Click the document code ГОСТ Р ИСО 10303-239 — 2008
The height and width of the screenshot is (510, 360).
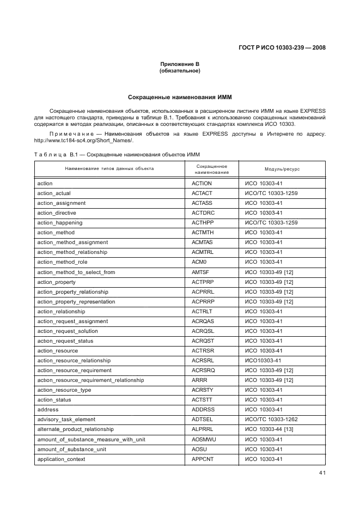click(282, 47)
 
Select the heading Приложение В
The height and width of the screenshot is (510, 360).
click(180, 64)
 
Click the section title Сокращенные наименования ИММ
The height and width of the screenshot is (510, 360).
click(180, 98)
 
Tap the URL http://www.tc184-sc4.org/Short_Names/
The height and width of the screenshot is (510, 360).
click(83, 141)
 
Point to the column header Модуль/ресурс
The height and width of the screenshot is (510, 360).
click(282, 169)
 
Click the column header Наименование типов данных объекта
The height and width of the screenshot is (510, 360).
click(109, 169)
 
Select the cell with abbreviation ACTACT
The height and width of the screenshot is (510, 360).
click(202, 193)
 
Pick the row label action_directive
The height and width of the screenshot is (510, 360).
click(57, 213)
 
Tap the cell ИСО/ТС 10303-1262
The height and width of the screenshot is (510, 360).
click(271, 420)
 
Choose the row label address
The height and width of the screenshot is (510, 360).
click(48, 410)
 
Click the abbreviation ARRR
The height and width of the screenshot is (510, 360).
click(199, 380)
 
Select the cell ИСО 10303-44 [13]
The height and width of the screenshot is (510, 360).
click(269, 429)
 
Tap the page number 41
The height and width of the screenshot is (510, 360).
click(322, 473)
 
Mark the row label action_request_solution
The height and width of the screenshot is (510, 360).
click(68, 331)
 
